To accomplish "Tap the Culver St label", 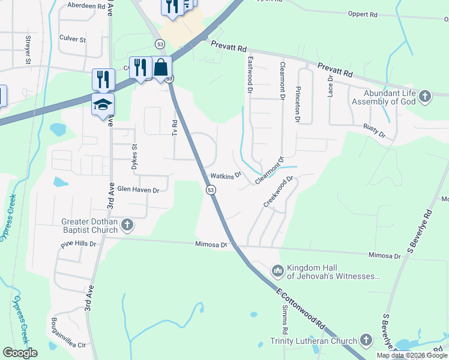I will (73, 39).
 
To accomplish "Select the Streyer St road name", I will (28, 50).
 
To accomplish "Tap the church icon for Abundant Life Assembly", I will (425, 96).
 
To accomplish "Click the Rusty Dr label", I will (373, 131).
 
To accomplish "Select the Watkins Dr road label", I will (225, 176).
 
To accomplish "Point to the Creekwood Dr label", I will (278, 191).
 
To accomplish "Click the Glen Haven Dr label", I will (138, 190).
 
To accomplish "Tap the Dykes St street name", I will (135, 157).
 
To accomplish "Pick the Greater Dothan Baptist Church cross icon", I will (127, 225).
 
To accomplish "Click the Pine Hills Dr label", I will (79, 244).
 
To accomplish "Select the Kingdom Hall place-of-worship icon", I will (277, 272).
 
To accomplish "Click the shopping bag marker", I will (161, 67).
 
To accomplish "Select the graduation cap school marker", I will (103, 104).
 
